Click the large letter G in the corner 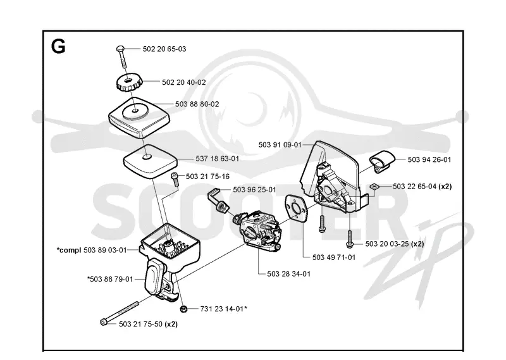[x=58, y=46]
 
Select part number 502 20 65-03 [x=164, y=49]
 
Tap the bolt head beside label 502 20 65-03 [x=120, y=49]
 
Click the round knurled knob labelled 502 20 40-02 [x=129, y=82]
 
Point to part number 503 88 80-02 [x=197, y=104]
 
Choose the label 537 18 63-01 [x=217, y=159]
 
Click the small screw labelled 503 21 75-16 [x=175, y=179]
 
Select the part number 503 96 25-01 [x=254, y=190]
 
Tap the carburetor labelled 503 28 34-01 [x=258, y=228]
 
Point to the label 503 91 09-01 [x=280, y=145]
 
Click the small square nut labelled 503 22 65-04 [x=374, y=186]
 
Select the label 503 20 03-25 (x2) [x=394, y=244]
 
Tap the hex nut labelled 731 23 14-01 [x=183, y=309]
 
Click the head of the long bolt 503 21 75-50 [x=104, y=322]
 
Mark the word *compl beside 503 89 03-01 [x=69, y=250]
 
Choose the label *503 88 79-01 [x=110, y=279]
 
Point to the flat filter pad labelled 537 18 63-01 [x=150, y=161]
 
